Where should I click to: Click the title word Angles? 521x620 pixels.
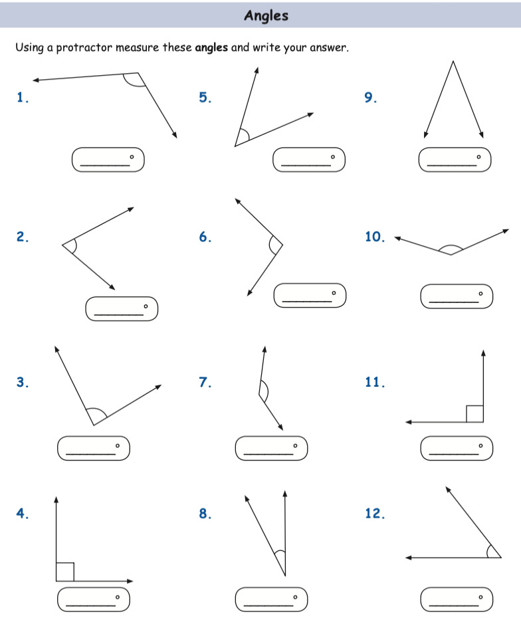tap(266, 15)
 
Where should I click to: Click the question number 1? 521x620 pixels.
tap(23, 98)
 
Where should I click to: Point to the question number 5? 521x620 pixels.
tap(205, 98)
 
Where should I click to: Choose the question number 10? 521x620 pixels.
tap(375, 237)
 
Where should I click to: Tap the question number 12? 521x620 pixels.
tap(375, 513)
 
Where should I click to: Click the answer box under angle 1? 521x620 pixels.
tap(108, 159)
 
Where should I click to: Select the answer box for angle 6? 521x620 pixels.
tap(310, 295)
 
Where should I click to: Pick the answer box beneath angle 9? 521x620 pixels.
tap(455, 159)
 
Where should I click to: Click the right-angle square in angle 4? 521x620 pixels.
tap(64, 571)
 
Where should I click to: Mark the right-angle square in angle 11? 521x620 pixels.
tap(474, 413)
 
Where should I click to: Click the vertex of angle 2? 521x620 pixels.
tap(62, 245)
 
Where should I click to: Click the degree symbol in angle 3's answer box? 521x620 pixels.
tap(118, 445)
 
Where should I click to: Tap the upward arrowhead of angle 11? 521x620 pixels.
tap(483, 352)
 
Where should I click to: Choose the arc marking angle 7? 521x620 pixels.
tap(265, 391)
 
